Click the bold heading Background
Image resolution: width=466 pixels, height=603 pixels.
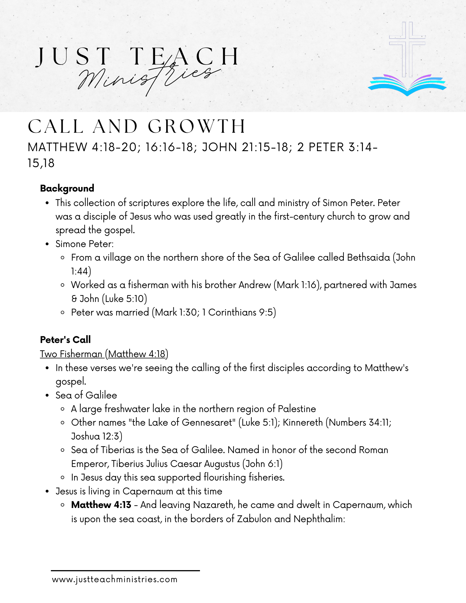pos(67,189)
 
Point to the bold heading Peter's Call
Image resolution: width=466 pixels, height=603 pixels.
pos(65,340)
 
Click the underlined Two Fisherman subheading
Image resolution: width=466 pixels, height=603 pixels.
pos(104,354)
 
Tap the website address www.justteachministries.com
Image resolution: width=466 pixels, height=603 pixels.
pos(115,579)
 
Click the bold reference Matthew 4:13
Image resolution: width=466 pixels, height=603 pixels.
pos(101,505)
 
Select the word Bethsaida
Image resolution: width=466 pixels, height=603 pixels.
pos(368,257)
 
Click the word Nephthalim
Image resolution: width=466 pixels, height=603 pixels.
pos(319,519)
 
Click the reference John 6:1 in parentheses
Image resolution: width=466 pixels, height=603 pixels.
pos(262,464)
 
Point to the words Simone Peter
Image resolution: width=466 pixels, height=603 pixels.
pos(84,244)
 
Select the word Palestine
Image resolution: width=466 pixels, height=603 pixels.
pos(297,409)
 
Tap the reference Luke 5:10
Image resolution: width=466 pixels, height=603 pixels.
pos(125,299)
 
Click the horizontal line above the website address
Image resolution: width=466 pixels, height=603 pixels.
pos(125,570)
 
